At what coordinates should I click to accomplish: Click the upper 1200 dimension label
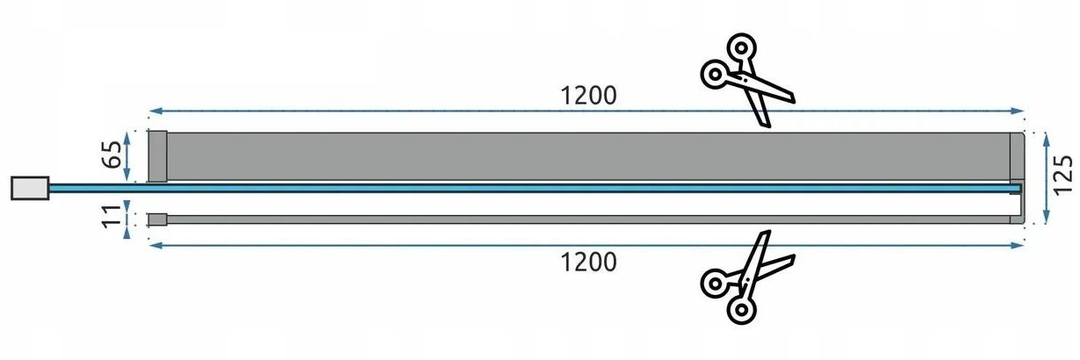click(x=588, y=96)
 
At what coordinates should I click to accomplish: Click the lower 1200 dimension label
click(x=588, y=263)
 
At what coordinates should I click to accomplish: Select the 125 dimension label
click(x=1062, y=175)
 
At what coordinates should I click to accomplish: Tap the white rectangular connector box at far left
click(x=30, y=188)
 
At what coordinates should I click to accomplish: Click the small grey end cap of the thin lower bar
click(x=157, y=220)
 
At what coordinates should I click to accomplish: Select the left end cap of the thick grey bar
click(x=157, y=156)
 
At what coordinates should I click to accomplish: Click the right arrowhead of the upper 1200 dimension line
click(x=1018, y=111)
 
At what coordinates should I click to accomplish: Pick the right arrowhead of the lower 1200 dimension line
click(x=1018, y=246)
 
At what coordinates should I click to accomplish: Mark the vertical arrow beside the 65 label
click(x=126, y=156)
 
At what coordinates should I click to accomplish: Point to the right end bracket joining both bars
click(x=1017, y=178)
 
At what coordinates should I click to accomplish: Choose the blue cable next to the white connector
click(x=97, y=188)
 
